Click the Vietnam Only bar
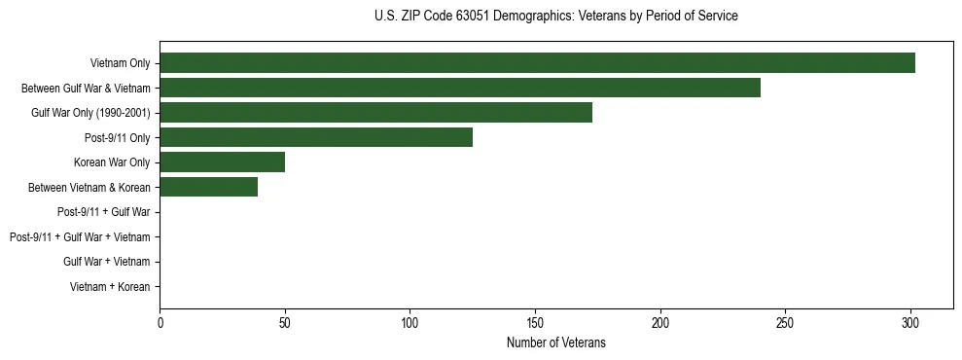pos(537,63)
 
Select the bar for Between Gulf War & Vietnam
pos(460,88)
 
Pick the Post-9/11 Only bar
pos(316,137)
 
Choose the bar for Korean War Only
pos(222,162)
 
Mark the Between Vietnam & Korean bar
pos(208,187)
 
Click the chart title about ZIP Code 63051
pos(555,17)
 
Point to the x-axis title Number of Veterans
pos(555,342)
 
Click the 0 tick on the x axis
pos(160,321)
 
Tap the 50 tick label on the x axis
pos(285,321)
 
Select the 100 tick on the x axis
pos(410,321)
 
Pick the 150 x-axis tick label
pos(535,321)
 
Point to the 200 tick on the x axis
pos(660,321)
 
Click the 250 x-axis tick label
pos(785,321)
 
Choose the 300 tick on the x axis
pos(910,321)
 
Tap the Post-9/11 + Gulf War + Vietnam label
pos(80,237)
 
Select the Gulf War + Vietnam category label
pos(106,262)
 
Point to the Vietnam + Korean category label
pos(110,287)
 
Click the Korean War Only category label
pos(112,162)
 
